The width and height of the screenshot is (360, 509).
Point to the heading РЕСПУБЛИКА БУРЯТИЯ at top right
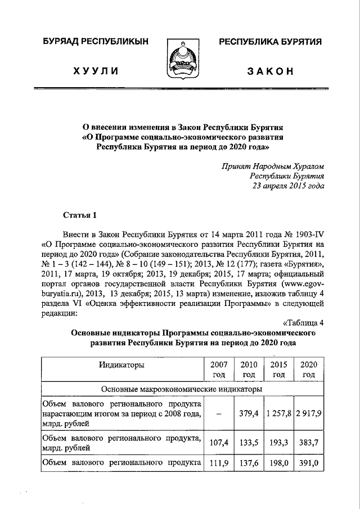tap(269, 42)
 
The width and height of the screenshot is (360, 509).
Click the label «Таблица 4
tap(302, 322)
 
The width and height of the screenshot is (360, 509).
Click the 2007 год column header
tap(218, 370)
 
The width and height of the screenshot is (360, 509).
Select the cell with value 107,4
tap(218, 442)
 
